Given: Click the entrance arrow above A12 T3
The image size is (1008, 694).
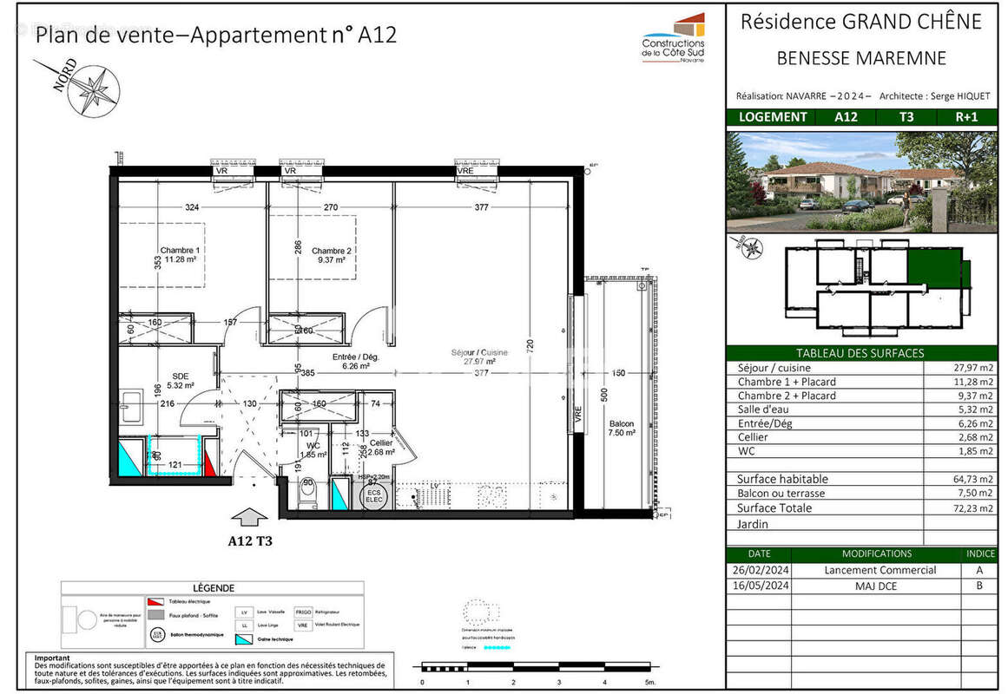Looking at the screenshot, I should point(251,519).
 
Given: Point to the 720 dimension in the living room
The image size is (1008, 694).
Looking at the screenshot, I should point(530,344).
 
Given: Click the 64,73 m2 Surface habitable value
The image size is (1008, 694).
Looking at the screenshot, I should point(972,479).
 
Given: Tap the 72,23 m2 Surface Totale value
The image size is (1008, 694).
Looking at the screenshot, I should point(972,508).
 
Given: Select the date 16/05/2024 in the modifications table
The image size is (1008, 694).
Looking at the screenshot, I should point(758,585).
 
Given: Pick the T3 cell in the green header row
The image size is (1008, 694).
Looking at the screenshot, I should point(905,117).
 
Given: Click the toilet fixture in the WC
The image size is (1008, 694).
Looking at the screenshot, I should point(306,494).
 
